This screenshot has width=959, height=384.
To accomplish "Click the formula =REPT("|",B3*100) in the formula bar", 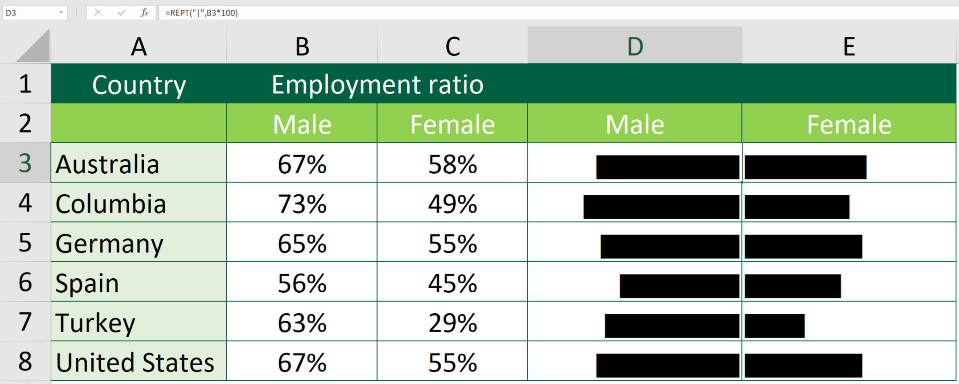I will pyautogui.click(x=201, y=13).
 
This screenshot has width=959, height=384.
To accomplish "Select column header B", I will pyautogui.click(x=302, y=46).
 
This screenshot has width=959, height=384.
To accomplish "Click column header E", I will pyautogui.click(x=848, y=46).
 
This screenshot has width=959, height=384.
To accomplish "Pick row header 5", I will pyautogui.click(x=25, y=243).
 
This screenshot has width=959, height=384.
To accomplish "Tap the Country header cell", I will pyautogui.click(x=139, y=85).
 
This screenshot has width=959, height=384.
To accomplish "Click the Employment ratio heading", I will pyautogui.click(x=377, y=85).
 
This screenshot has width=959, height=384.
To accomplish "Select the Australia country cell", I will pyautogui.click(x=108, y=164).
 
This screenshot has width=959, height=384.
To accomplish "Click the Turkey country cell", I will pyautogui.click(x=96, y=323).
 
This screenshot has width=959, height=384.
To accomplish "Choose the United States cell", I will pyautogui.click(x=135, y=362).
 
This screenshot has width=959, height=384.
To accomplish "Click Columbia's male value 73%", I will pyautogui.click(x=302, y=204).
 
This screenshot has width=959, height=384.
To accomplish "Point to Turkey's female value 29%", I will pyautogui.click(x=452, y=323).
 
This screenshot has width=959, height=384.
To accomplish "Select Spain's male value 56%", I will pyautogui.click(x=302, y=283).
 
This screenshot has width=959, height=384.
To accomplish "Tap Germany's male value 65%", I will pyautogui.click(x=302, y=244).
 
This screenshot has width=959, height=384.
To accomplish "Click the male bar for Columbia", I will pyautogui.click(x=661, y=207).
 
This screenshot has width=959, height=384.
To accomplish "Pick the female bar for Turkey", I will pyautogui.click(x=775, y=326).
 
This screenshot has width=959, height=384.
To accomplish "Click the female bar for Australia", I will pyautogui.click(x=805, y=167).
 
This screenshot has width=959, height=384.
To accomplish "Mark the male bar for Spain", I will pyautogui.click(x=679, y=286).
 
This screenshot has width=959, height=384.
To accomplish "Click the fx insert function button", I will pyautogui.click(x=144, y=13).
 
